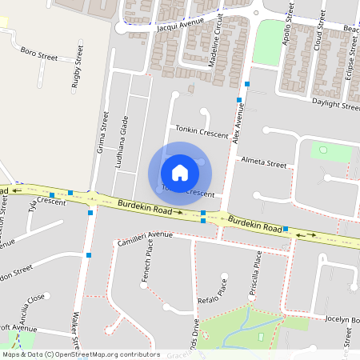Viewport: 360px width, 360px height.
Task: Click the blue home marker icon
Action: coord(180,172)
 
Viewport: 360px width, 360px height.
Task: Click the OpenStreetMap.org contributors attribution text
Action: coord(104,354)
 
